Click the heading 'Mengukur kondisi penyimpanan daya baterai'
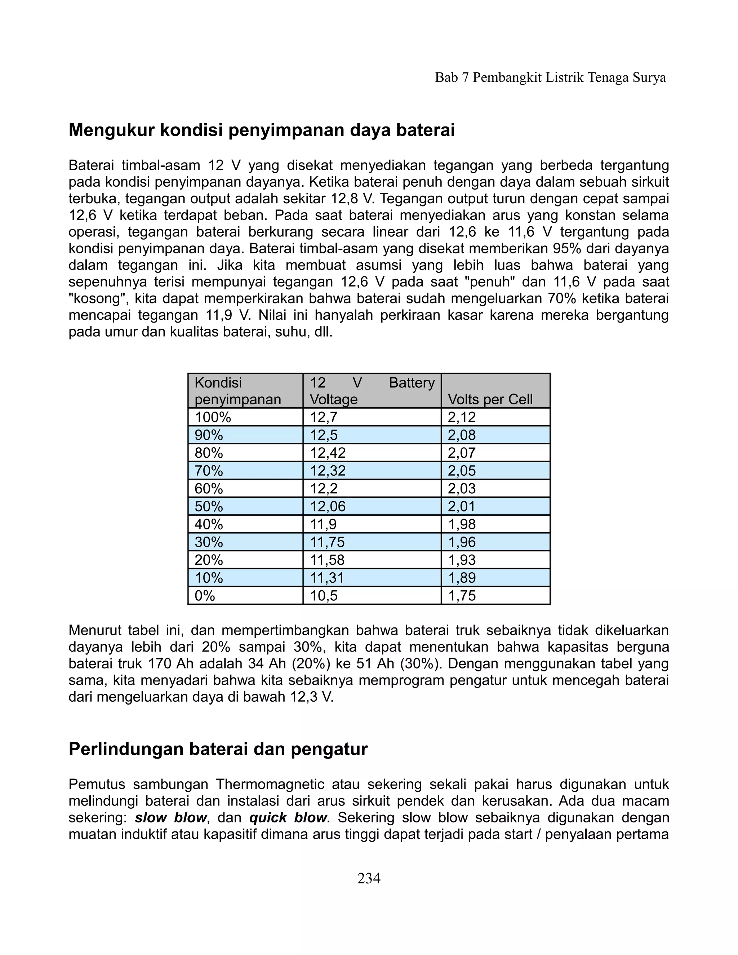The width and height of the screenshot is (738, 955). [x=262, y=130]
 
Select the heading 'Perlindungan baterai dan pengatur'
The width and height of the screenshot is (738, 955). [x=218, y=749]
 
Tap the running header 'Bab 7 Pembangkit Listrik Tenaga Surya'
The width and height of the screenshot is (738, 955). [x=550, y=78]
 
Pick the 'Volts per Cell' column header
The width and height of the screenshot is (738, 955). [x=490, y=399]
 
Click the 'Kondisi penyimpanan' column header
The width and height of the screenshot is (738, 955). [x=237, y=391]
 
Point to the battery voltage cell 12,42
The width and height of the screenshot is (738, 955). [x=328, y=453]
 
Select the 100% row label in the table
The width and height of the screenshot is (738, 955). [x=213, y=417]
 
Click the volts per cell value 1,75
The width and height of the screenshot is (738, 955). [x=461, y=596]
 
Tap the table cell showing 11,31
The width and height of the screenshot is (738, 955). [x=328, y=578]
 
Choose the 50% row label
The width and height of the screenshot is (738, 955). [x=209, y=506]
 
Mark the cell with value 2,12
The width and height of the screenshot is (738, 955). [x=461, y=417]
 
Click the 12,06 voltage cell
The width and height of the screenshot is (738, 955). [x=328, y=506]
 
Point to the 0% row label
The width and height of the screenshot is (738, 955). [x=205, y=596]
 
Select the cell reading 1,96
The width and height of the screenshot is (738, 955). [x=461, y=542]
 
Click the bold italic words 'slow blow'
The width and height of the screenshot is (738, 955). [x=170, y=818]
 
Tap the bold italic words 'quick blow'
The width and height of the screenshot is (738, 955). [x=288, y=818]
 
